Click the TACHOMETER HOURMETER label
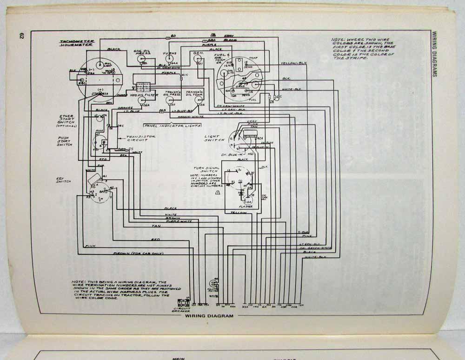pyautogui.click(x=77, y=43)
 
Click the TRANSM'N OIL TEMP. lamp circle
pyautogui.click(x=192, y=99)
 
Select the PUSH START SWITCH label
pyautogui.click(x=64, y=141)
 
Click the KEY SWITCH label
pyautogui.click(x=64, y=180)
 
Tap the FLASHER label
pyautogui.click(x=245, y=206)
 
